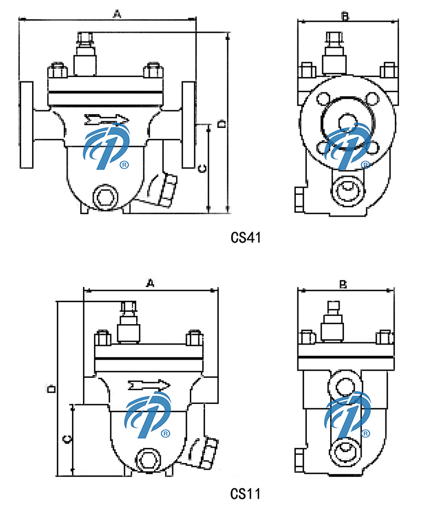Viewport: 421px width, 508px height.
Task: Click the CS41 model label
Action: [245, 238]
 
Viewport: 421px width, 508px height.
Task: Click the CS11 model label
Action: [245, 493]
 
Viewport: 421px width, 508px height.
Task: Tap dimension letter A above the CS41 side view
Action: [116, 14]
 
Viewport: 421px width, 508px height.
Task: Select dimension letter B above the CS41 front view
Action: [344, 17]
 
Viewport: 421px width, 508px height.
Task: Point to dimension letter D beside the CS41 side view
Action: [221, 124]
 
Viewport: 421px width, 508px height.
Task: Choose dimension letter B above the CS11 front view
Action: [343, 285]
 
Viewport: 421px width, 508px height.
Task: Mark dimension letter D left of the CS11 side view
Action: [50, 389]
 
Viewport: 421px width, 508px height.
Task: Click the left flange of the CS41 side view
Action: [27, 125]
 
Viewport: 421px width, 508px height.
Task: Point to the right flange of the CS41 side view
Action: [189, 125]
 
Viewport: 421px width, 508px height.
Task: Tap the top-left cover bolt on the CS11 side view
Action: [102, 338]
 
